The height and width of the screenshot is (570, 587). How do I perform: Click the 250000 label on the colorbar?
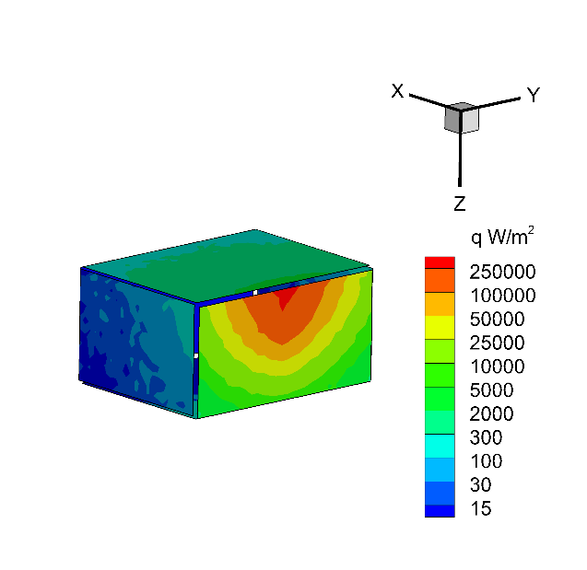click(502, 272)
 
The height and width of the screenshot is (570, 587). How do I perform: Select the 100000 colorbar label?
click(503, 296)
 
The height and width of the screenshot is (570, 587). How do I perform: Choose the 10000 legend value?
click(498, 366)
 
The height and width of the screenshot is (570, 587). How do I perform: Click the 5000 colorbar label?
click(491, 390)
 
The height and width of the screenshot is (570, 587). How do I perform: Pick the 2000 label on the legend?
click(491, 413)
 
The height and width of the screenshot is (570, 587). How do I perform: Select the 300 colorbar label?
click(486, 437)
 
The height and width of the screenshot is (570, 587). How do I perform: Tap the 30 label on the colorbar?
click(480, 484)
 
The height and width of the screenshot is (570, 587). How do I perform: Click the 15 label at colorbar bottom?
click(481, 508)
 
